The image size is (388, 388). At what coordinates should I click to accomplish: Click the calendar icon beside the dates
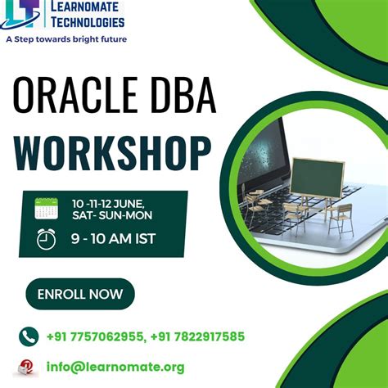click(x=47, y=208)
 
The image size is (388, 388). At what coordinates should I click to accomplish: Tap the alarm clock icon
click(x=47, y=239)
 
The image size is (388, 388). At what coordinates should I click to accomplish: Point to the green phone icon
click(x=29, y=336)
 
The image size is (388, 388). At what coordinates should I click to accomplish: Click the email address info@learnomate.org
click(x=115, y=367)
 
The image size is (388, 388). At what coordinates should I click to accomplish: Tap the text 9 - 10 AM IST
click(x=112, y=240)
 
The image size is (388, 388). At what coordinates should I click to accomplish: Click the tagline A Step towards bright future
click(x=66, y=38)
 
